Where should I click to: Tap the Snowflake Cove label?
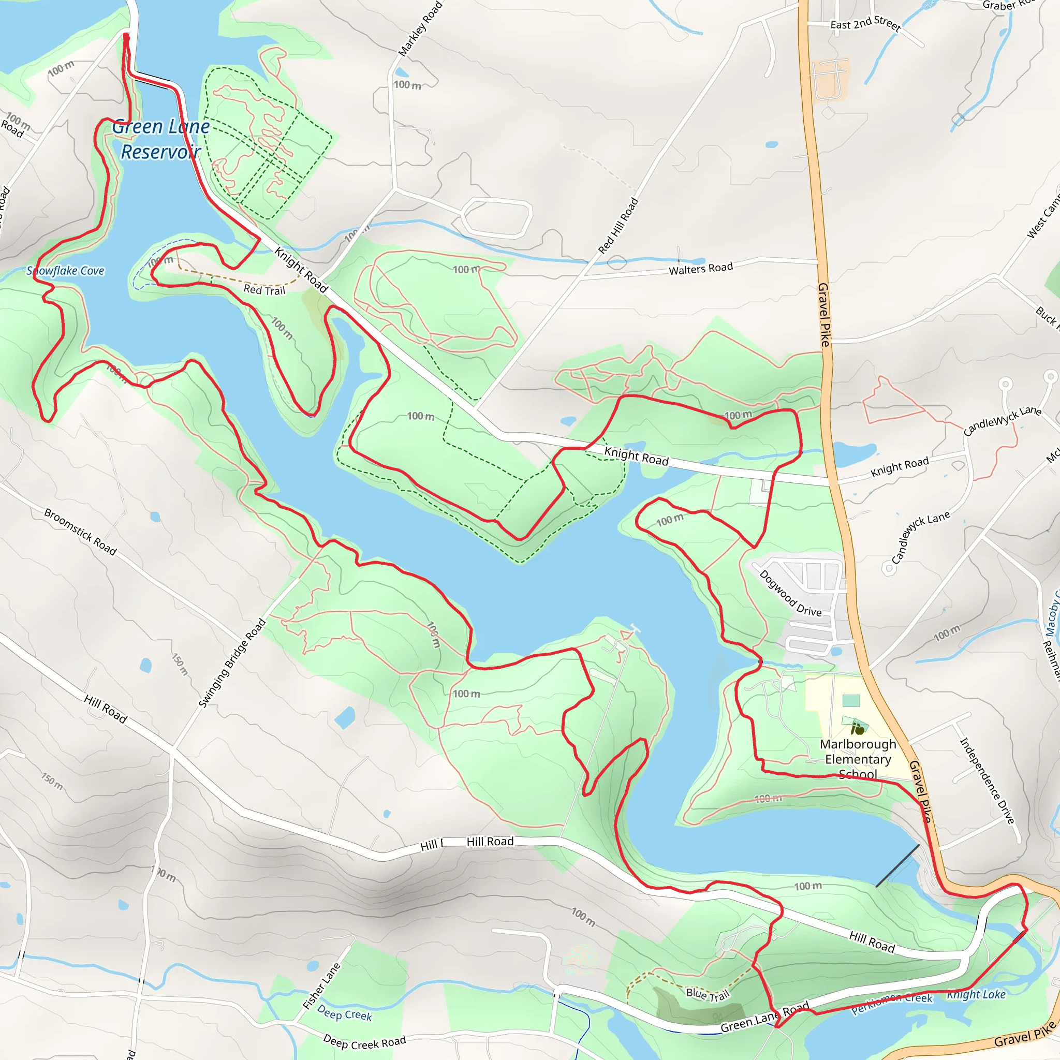click(65, 271)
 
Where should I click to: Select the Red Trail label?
click(264, 290)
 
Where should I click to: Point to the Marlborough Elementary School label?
click(858, 759)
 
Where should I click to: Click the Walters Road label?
click(701, 268)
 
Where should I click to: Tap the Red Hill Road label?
click(619, 226)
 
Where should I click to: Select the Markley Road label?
click(420, 28)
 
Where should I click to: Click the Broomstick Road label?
click(81, 532)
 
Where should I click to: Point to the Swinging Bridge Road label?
click(232, 663)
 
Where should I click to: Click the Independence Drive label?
click(987, 781)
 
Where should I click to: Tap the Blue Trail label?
click(708, 994)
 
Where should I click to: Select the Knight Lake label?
click(976, 994)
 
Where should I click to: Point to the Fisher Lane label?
click(322, 986)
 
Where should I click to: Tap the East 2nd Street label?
click(865, 24)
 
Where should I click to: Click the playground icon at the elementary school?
click(858, 729)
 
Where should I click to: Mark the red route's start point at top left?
click(126, 37)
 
